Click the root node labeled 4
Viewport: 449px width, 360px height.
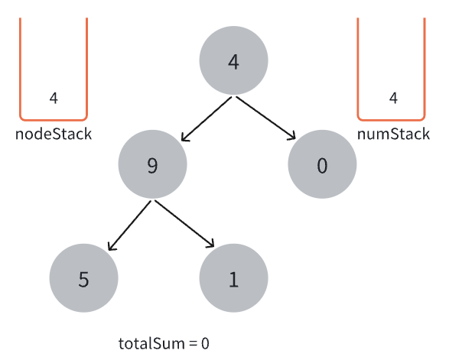point(233,60)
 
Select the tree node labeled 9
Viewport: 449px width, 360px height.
point(153,164)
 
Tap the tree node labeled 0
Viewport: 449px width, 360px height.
point(322,164)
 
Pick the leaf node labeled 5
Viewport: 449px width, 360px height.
point(83,278)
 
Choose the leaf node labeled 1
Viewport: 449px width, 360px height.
point(233,278)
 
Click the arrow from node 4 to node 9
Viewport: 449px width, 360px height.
point(207,118)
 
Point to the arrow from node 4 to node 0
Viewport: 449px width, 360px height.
point(265,118)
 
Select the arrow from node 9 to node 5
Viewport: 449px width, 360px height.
point(129,225)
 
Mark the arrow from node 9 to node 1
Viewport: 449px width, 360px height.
point(184,223)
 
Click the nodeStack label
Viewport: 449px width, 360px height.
point(54,134)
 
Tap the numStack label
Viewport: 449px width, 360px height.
point(393,134)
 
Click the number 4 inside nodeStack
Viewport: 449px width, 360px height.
point(54,98)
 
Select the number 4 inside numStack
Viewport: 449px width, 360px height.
point(393,98)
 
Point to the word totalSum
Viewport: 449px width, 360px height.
point(151,343)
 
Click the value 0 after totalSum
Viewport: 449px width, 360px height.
point(205,344)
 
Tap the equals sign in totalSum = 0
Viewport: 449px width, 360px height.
point(193,344)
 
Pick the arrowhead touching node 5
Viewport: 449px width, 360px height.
point(112,246)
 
